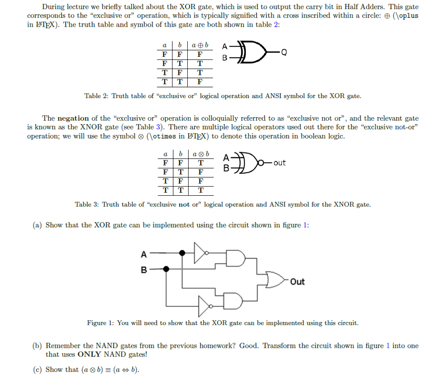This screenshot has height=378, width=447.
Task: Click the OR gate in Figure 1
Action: tap(275, 280)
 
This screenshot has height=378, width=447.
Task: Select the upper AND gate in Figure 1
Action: tap(235, 258)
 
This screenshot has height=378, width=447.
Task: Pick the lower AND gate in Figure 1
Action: tap(233, 301)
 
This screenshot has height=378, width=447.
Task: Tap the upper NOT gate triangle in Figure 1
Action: tap(199, 253)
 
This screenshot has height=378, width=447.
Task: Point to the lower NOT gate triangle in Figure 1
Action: tap(204, 306)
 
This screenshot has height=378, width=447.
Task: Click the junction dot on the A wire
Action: tap(182, 253)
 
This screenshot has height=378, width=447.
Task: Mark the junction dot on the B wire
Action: tap(166, 269)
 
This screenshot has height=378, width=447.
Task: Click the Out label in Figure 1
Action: tap(297, 281)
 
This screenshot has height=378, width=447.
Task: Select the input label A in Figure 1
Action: tap(144, 254)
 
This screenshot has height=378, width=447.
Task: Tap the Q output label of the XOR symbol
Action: tap(284, 52)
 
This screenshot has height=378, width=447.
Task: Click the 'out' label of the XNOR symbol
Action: tap(279, 163)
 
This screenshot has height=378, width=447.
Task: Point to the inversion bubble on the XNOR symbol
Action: tap(261, 163)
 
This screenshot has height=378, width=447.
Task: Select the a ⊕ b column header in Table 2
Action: tap(200, 45)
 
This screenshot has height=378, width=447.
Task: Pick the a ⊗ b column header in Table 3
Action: tap(201, 154)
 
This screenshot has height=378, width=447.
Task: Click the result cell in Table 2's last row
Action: tap(200, 82)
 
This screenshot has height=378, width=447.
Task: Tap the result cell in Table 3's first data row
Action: tap(201, 163)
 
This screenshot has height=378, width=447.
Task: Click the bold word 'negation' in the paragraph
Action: tap(73, 118)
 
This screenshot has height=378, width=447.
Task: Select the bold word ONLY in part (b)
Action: tap(89, 354)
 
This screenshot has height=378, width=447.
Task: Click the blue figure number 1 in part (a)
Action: tap(305, 225)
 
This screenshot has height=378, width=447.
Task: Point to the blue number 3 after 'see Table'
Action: tap(158, 127)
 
